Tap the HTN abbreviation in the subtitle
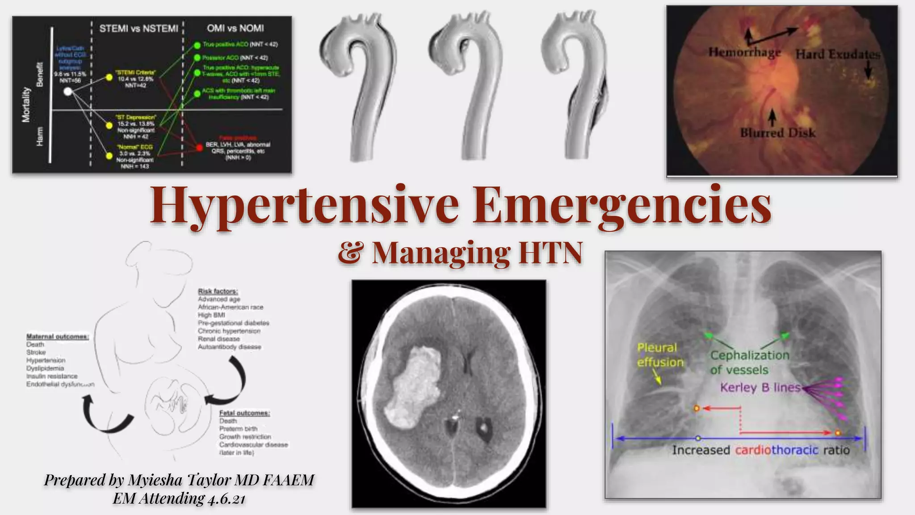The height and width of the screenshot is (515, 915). (550, 253)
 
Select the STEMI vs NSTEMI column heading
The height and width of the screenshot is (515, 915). (139, 29)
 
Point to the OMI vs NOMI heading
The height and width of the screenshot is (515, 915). (235, 28)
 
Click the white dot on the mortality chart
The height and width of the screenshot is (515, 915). (68, 92)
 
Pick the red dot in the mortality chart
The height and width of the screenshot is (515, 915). (199, 147)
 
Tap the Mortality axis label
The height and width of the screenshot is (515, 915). (26, 105)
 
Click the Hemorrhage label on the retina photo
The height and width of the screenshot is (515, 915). (744, 52)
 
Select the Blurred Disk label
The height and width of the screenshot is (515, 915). (777, 133)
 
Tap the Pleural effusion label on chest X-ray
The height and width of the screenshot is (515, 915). (659, 355)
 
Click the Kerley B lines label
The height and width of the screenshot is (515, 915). (760, 387)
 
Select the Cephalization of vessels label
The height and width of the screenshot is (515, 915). (750, 362)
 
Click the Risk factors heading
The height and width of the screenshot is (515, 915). (218, 291)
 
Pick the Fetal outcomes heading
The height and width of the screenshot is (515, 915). (244, 413)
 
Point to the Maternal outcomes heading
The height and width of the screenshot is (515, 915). (57, 337)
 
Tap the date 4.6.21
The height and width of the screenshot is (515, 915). (227, 498)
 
